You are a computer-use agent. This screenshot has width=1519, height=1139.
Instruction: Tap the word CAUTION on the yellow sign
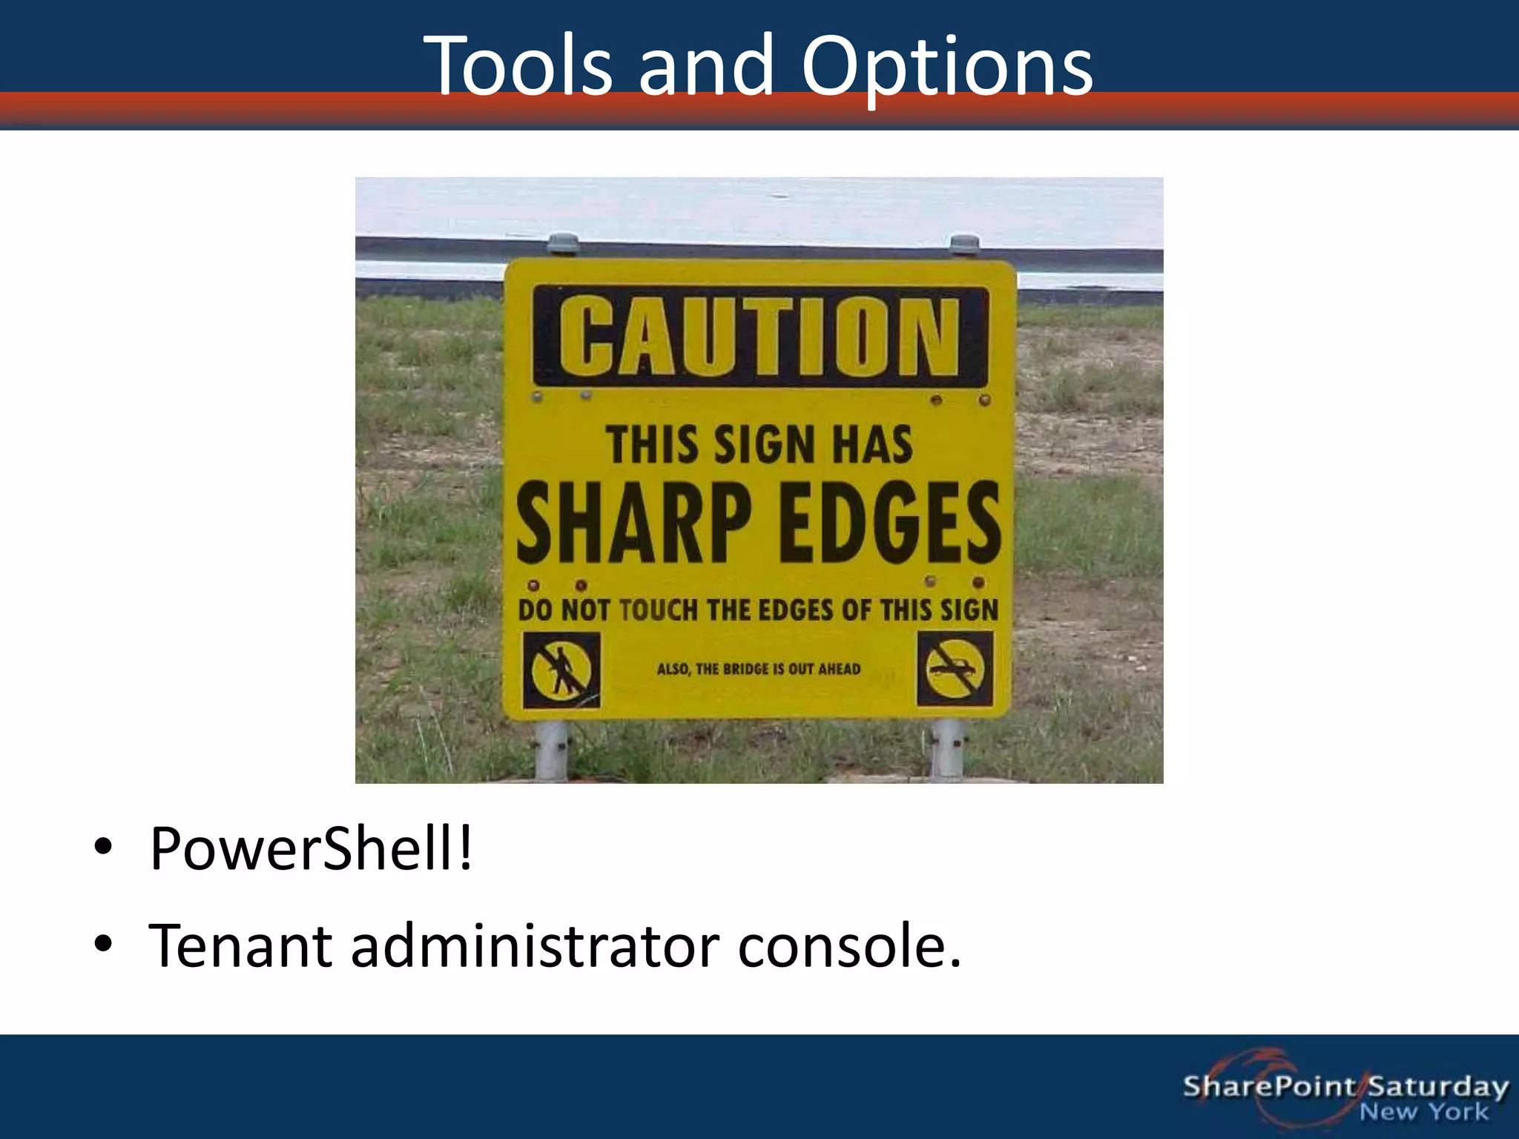tap(760, 337)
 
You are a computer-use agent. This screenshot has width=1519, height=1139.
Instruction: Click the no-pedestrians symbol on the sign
tap(561, 670)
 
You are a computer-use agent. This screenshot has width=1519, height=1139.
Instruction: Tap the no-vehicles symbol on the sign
tap(955, 668)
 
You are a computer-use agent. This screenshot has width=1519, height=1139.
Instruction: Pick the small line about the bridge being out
tap(759, 670)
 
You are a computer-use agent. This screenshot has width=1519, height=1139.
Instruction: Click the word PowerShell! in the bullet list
tap(311, 849)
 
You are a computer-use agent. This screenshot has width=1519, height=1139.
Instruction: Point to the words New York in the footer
tap(1423, 1112)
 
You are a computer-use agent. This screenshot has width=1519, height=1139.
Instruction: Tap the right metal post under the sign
tap(947, 749)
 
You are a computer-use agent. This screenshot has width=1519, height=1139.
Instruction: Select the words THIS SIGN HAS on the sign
tap(759, 446)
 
